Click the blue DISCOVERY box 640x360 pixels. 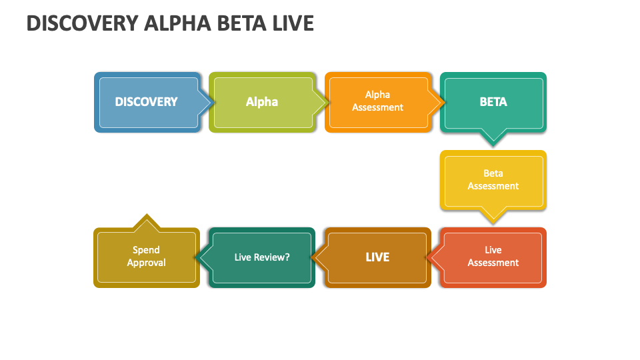click(146, 102)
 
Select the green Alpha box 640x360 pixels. click(261, 102)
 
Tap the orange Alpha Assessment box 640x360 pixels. click(377, 101)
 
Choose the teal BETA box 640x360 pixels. click(493, 102)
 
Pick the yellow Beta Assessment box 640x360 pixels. click(493, 180)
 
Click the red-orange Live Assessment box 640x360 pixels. click(493, 257)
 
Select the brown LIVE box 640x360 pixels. click(377, 257)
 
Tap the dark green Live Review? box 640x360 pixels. click(262, 257)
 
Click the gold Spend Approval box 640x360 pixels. click(146, 257)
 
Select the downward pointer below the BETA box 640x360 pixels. click(493, 142)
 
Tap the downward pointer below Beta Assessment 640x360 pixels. click(493, 219)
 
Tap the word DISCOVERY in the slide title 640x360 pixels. click(82, 23)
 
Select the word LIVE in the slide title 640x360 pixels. click(293, 23)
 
